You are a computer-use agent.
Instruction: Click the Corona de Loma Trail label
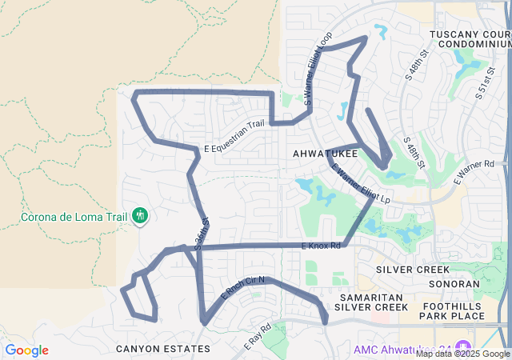click(x=71, y=217)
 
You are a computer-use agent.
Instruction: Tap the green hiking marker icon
click(x=140, y=215)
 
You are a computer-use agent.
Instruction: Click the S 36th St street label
click(x=201, y=233)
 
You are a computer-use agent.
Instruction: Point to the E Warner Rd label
click(x=474, y=173)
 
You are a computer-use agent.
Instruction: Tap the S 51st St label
click(x=483, y=81)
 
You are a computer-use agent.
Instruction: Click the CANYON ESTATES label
click(x=163, y=349)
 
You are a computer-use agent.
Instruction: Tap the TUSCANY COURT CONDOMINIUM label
click(x=470, y=39)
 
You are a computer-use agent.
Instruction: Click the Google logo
click(x=26, y=350)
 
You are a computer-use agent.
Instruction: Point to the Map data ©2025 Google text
click(x=462, y=354)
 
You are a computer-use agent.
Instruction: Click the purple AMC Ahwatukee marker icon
click(x=462, y=349)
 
